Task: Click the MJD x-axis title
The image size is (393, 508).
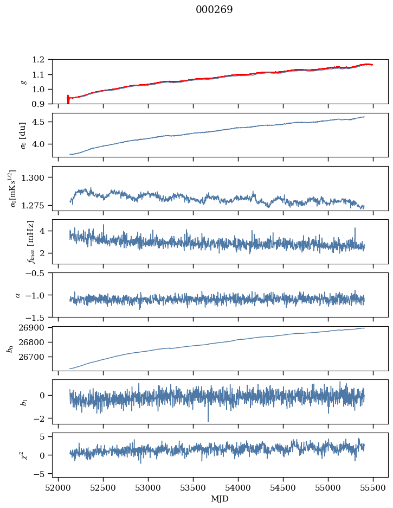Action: pyautogui.click(x=220, y=499)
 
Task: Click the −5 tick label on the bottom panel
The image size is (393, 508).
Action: pyautogui.click(x=41, y=474)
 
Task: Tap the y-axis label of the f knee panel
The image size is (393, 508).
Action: pyautogui.click(x=30, y=242)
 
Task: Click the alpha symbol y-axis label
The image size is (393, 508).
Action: pyautogui.click(x=18, y=295)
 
